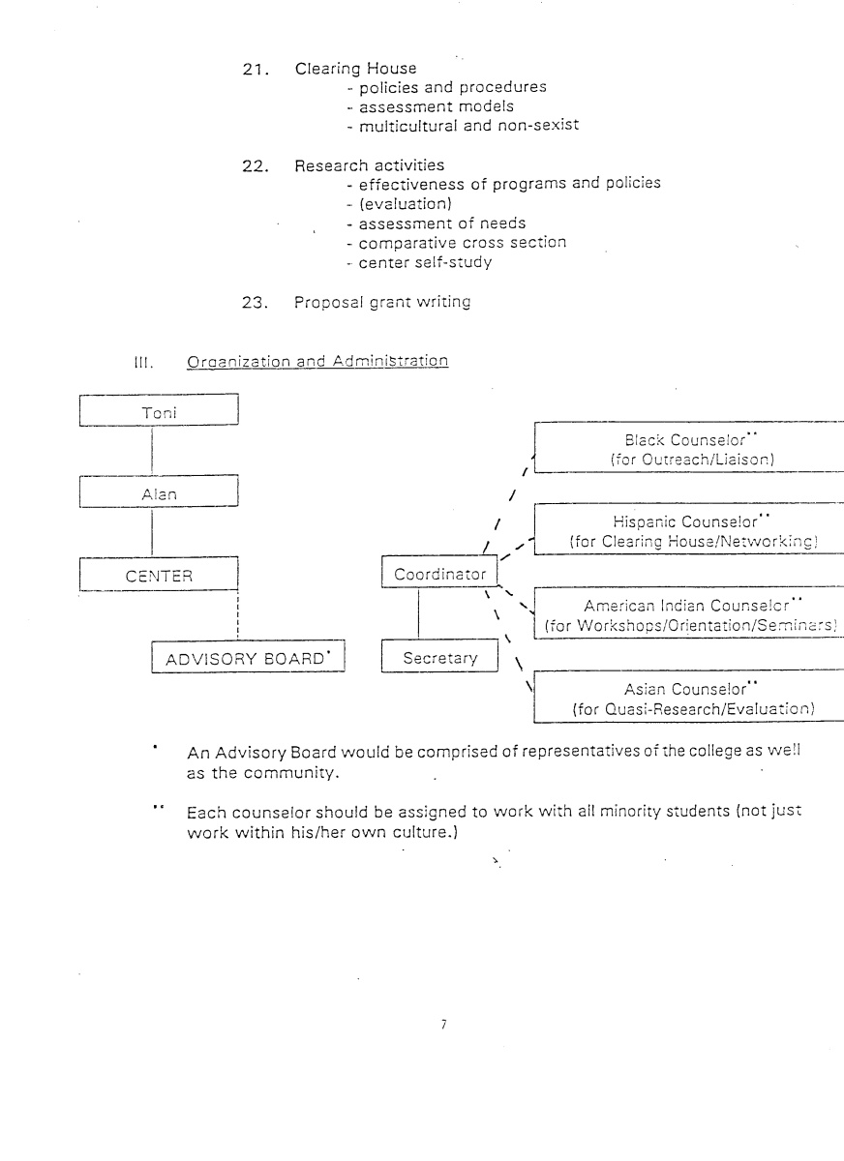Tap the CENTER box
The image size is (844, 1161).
[157, 576]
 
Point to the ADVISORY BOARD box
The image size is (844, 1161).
[248, 659]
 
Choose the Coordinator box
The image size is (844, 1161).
[439, 574]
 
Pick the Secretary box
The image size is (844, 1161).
[439, 658]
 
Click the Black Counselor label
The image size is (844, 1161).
[689, 438]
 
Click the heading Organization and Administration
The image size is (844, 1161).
[317, 362]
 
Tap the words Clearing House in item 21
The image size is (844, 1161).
[355, 69]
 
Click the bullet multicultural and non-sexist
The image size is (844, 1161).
[462, 126]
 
